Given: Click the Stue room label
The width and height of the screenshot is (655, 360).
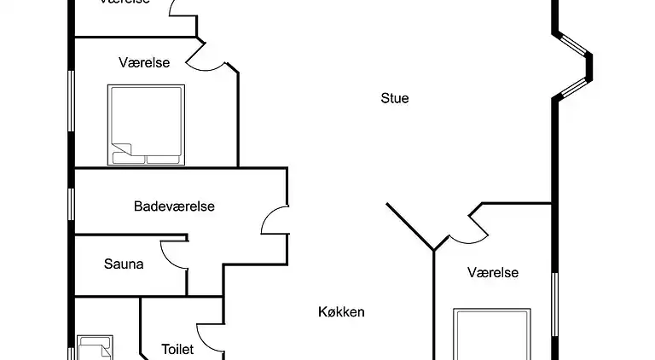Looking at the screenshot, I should [x=394, y=98].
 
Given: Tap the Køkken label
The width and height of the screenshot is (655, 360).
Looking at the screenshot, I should [x=341, y=312].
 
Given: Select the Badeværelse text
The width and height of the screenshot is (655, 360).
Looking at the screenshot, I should [x=174, y=206].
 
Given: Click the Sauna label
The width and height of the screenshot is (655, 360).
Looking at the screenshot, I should [x=124, y=264].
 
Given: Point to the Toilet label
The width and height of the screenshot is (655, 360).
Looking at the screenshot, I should [x=177, y=350].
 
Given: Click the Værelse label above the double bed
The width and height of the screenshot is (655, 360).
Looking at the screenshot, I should [x=144, y=62].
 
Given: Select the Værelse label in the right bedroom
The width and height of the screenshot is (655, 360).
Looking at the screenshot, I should [x=493, y=273].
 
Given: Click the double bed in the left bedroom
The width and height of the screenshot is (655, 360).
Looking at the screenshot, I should [x=146, y=124].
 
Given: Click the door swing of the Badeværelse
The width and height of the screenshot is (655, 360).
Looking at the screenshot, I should [x=273, y=220].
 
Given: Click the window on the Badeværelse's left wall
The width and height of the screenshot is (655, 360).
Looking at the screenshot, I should [x=72, y=201].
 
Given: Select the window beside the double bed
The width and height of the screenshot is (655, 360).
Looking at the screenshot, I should [x=72, y=100].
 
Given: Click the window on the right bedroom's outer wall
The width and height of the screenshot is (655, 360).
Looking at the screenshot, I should [x=555, y=303].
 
